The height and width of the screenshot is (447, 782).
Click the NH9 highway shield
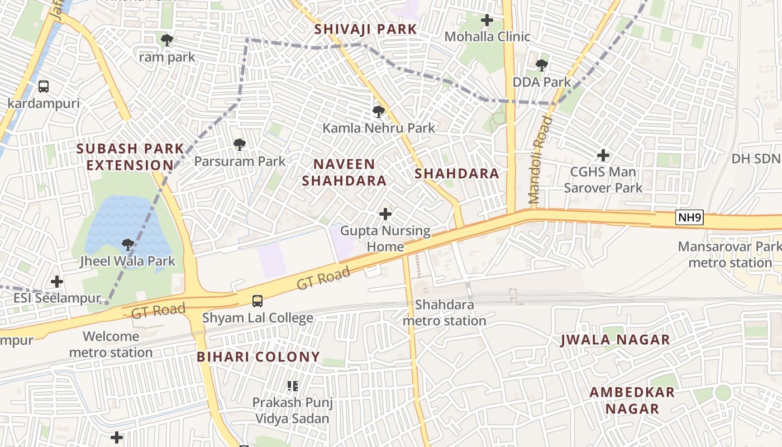point(689,217)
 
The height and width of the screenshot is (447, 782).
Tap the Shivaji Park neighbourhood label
point(365,29)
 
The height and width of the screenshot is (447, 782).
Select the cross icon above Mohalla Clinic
point(487,21)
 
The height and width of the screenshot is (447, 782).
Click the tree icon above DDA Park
point(541,65)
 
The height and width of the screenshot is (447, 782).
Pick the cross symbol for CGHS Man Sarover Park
point(603,155)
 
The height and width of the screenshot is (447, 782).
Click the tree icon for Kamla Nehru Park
point(379,112)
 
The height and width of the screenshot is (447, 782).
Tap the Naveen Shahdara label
point(344,172)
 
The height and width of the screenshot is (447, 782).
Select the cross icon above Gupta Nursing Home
point(385,214)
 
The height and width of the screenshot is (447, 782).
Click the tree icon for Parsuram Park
point(240,145)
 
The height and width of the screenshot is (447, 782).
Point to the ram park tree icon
point(166,40)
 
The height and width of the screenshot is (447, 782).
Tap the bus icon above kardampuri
point(44,87)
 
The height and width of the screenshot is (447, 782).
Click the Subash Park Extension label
point(130,157)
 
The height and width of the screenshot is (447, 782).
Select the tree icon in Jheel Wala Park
point(128,245)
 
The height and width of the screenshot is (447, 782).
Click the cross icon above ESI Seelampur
point(57,282)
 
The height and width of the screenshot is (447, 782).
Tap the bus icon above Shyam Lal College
point(258,301)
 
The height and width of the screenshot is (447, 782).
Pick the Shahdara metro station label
point(445,313)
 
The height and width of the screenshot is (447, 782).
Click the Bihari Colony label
point(259,356)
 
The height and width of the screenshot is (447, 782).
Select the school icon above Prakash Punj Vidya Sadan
point(292,386)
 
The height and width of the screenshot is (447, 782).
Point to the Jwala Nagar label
point(615,340)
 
